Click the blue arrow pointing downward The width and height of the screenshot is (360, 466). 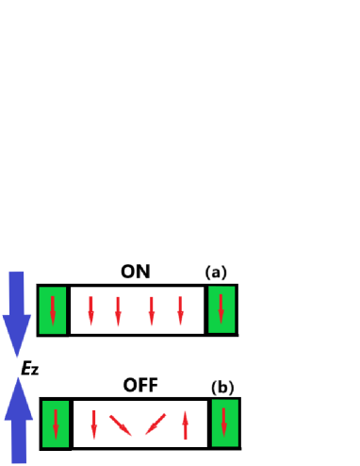click(17, 311)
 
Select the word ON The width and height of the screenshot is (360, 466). click(135, 273)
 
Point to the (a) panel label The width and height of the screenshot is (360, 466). click(217, 273)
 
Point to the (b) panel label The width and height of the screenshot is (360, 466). click(221, 387)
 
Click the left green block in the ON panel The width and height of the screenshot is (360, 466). click(53, 309)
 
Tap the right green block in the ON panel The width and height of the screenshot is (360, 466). click(221, 309)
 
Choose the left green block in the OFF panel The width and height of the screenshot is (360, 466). click(56, 423)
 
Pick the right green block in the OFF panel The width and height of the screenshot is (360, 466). click(224, 422)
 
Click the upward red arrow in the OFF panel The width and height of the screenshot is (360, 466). click(186, 424)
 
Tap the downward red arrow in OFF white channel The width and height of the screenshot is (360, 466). click(93, 424)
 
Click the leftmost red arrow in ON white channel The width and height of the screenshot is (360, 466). click(91, 310)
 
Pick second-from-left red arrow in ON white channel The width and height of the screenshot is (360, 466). click(118, 310)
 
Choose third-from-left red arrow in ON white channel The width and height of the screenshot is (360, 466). click(151, 310)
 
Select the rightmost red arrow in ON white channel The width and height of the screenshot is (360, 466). click(180, 310)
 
